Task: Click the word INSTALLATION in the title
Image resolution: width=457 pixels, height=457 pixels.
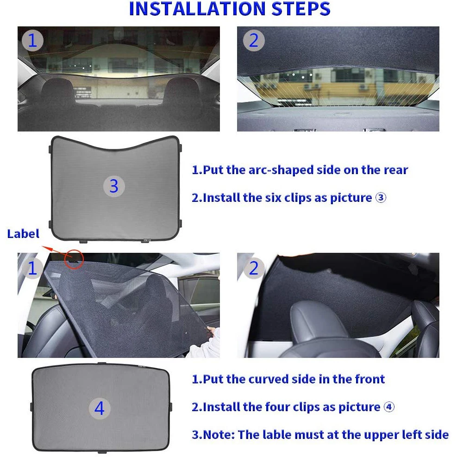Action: [197, 9]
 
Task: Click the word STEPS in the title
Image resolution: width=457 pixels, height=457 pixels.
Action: [301, 9]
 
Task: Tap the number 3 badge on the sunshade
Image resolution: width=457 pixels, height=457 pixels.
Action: [114, 186]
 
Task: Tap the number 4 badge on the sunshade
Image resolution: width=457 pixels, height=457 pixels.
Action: [100, 408]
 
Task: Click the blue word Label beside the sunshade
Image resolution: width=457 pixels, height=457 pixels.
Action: [23, 234]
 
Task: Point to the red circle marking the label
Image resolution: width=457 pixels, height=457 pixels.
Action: [74, 259]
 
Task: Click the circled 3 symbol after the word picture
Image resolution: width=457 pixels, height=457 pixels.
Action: [381, 198]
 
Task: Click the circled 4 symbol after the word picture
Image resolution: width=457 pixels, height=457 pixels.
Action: [389, 407]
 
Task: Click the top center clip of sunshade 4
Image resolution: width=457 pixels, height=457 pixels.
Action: [102, 363]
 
